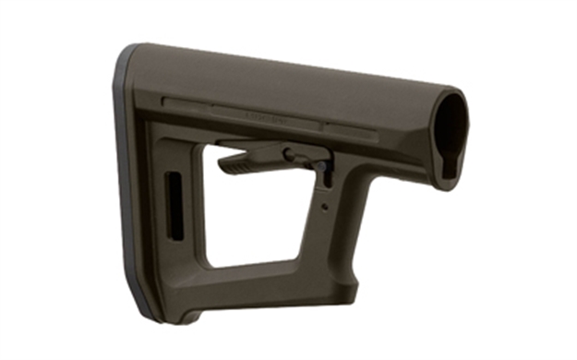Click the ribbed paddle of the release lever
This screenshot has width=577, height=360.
241,164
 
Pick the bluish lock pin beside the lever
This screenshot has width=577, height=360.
323,170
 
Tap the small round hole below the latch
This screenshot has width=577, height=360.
324,207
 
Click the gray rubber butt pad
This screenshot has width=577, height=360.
129,185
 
